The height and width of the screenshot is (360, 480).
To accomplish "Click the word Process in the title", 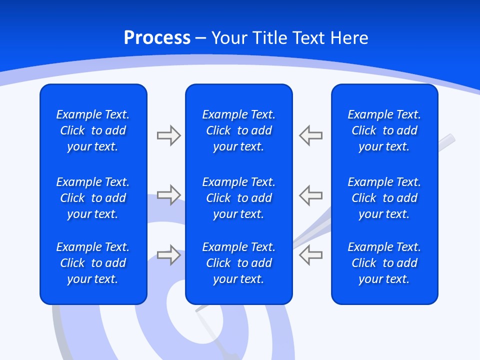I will (157, 38).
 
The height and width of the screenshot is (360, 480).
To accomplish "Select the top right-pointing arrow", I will (168, 135).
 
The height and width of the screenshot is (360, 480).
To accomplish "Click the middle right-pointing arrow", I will (168, 195).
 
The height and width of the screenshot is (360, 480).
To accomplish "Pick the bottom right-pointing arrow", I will (168, 255).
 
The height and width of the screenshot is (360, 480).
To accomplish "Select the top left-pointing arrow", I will (311, 135).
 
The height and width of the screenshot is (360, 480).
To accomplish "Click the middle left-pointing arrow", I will (311, 195).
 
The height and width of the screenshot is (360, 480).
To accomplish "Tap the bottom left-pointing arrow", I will (311, 255).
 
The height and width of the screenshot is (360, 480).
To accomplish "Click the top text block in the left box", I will (93, 130).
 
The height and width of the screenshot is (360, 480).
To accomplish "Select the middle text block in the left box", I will (93, 198).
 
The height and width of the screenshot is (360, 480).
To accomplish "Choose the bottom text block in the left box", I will (93, 263).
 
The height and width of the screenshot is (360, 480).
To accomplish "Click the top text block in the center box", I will (238, 130).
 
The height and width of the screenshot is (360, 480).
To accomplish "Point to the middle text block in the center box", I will (238, 198).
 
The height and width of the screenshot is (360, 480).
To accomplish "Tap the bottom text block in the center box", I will (238, 263).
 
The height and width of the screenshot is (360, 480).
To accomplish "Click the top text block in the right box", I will (384, 130).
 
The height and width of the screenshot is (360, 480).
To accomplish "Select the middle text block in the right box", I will (384, 198).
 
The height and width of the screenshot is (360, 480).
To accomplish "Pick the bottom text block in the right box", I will (384, 263).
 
